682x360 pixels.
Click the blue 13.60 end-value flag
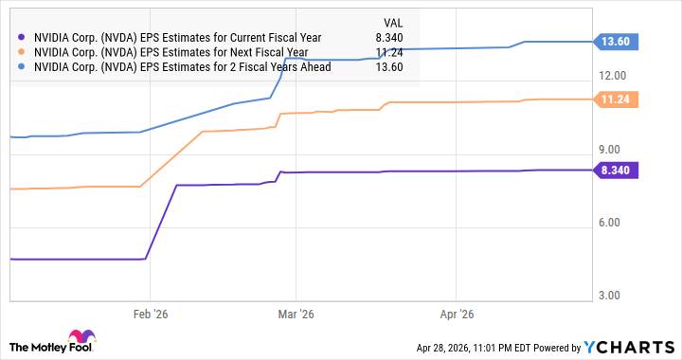[x=616, y=42]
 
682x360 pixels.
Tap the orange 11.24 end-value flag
[x=616, y=99]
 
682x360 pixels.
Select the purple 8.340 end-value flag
[x=616, y=170]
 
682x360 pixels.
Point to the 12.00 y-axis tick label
[x=613, y=76]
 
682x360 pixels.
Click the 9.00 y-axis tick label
[x=609, y=150]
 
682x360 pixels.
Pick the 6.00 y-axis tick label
[x=609, y=223]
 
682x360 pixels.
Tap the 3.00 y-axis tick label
[x=609, y=296]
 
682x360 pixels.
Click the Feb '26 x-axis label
[x=151, y=315]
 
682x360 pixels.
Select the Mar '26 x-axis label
[x=296, y=315]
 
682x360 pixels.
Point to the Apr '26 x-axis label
[x=457, y=315]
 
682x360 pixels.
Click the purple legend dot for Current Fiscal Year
[x=21, y=38]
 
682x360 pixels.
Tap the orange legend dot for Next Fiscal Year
[x=21, y=52]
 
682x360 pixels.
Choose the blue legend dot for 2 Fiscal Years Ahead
[x=21, y=67]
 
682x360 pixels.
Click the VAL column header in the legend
[x=393, y=23]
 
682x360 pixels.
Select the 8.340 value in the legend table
[x=389, y=38]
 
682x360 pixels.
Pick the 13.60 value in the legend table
[x=389, y=67]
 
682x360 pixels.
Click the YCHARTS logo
[x=629, y=347]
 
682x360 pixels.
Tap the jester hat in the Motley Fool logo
[x=81, y=337]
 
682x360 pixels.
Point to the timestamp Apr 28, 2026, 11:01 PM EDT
[x=474, y=348]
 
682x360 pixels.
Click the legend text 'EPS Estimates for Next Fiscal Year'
[x=224, y=53]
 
